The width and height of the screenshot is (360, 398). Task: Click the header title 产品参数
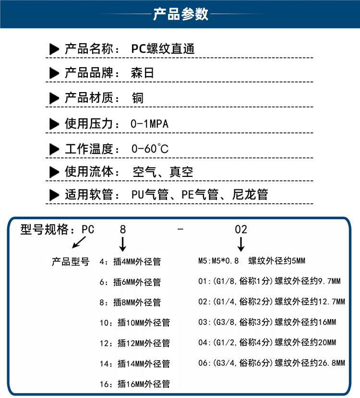tap(180, 14)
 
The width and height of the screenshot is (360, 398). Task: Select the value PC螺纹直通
tap(163, 49)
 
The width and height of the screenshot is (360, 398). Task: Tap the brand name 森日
tap(143, 73)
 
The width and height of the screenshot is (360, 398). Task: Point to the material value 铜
tap(138, 98)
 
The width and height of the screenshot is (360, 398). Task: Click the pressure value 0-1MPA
tap(149, 124)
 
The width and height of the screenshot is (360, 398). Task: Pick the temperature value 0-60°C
tap(150, 149)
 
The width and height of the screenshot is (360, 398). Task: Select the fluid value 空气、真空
tap(162, 172)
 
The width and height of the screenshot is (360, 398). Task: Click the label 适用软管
tap(88, 195)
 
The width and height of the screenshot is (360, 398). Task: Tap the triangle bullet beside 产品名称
tap(55, 49)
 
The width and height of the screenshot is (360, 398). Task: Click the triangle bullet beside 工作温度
tap(55, 149)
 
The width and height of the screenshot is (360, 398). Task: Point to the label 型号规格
tap(48, 229)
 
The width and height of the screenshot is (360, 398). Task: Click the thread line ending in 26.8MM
tap(272, 363)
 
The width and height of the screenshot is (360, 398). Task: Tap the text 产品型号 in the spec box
tap(70, 262)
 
